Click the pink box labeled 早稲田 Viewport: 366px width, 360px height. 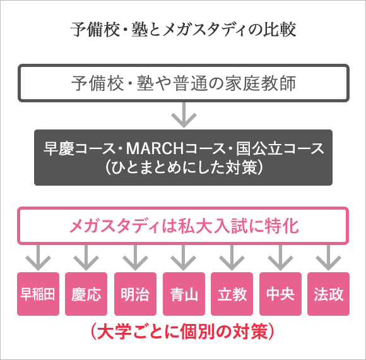[x=38, y=294]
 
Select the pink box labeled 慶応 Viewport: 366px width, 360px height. [x=86, y=294]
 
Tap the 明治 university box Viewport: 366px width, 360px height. [x=135, y=294]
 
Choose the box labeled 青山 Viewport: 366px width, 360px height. [x=184, y=294]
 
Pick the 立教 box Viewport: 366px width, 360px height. [x=232, y=294]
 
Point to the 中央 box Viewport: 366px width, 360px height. [x=280, y=294]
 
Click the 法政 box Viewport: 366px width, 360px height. [x=328, y=294]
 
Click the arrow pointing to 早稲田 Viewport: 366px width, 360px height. [x=38, y=258]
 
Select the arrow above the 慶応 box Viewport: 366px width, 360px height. [x=86, y=258]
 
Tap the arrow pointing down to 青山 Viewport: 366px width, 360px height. [x=184, y=258]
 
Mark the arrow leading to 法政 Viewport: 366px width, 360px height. [x=328, y=258]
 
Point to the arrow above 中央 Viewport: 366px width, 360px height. [x=280, y=258]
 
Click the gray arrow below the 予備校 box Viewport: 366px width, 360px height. [x=184, y=115]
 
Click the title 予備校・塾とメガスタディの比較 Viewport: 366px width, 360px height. [x=183, y=30]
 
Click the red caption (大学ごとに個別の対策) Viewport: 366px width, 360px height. [x=182, y=332]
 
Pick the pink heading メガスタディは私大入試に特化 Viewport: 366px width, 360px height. [x=184, y=226]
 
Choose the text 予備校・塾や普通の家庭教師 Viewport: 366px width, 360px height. [x=184, y=83]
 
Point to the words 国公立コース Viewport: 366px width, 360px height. [x=280, y=148]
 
